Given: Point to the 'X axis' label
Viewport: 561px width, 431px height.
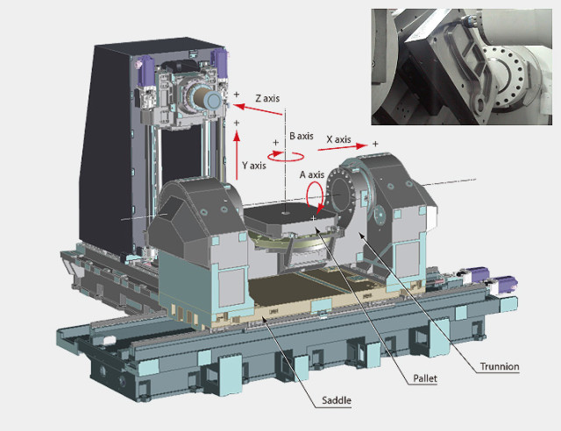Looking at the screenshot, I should point(338,139).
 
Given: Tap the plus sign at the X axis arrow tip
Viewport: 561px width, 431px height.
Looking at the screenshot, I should point(375,144).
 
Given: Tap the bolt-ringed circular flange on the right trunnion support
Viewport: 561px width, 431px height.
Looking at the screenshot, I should point(344,187).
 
